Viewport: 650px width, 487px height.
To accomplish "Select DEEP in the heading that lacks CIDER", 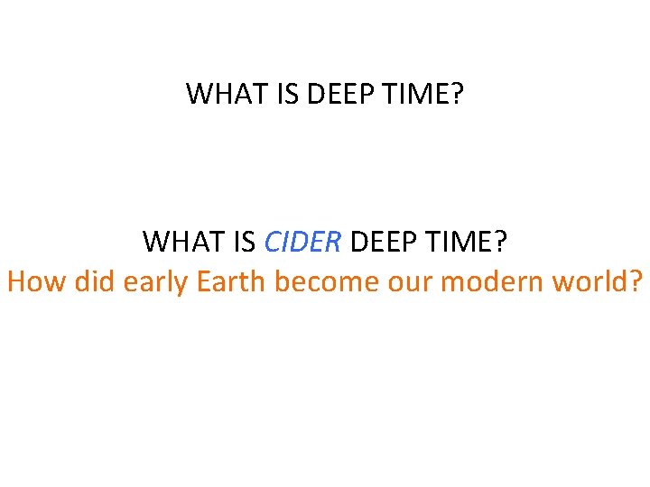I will [x=334, y=94].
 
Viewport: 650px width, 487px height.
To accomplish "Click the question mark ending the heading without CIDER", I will [x=456, y=94].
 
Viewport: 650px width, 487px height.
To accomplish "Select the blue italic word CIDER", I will [x=302, y=242].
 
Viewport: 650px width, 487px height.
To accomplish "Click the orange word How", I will [x=36, y=282].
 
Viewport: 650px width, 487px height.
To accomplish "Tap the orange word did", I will [x=95, y=282].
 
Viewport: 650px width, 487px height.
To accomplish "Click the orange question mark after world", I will [x=637, y=282].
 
